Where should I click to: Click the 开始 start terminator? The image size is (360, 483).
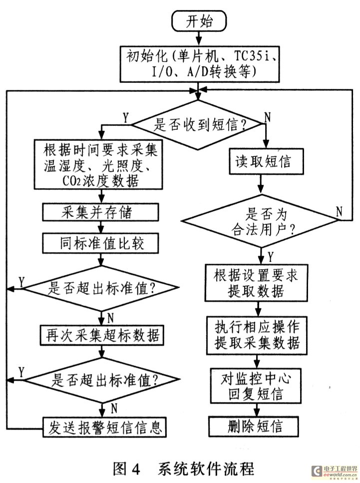(x=199, y=21)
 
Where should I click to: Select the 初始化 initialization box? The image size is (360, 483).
(x=199, y=62)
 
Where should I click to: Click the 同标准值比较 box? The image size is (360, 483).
(x=101, y=244)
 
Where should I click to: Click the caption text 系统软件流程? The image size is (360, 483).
(x=206, y=469)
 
